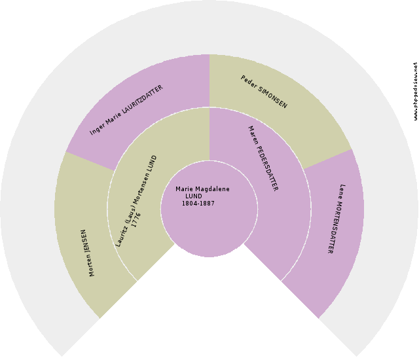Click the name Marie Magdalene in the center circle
(202, 189)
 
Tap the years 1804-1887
(198, 204)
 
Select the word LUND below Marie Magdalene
(194, 196)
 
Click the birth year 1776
(136, 220)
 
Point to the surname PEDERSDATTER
(267, 168)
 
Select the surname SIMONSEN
(272, 98)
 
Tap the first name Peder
(249, 81)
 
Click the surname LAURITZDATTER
(142, 100)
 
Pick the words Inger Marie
(105, 125)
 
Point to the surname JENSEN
(86, 240)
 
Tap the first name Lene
(341, 192)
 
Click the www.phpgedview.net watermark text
(415, 91)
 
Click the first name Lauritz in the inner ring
(121, 236)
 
